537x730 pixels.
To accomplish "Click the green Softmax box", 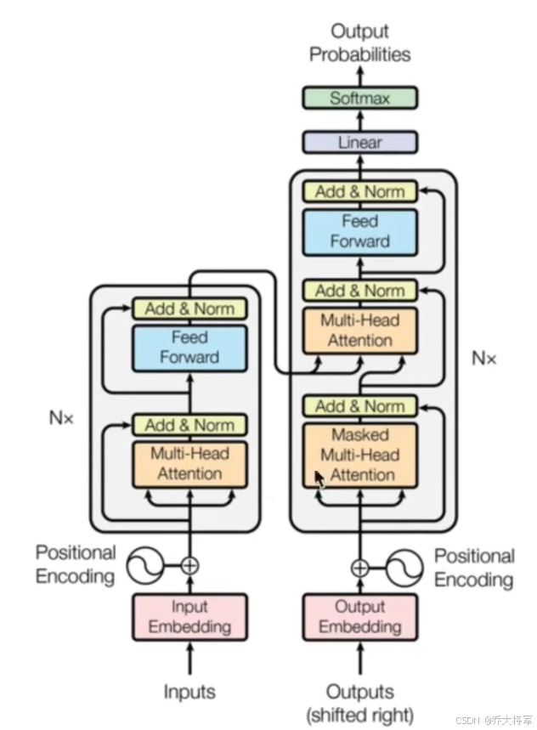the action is click(359, 98).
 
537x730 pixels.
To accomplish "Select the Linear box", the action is click(359, 142).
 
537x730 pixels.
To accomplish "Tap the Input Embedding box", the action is click(189, 617).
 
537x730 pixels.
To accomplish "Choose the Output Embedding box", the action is click(360, 617).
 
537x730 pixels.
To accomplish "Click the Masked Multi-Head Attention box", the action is click(360, 455).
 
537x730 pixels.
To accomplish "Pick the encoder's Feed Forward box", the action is click(189, 348).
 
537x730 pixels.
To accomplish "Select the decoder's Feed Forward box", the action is click(359, 232).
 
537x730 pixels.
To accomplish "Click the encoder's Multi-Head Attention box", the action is click(189, 464).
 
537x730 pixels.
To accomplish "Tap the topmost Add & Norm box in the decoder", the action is click(359, 191).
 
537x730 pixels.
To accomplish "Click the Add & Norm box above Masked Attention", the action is click(359, 406).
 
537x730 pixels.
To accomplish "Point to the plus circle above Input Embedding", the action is click(189, 566).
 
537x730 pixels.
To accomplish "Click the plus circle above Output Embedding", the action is click(359, 568).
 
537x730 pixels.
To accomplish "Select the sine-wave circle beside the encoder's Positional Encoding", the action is click(145, 566).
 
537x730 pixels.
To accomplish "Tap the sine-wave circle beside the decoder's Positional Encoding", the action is click(404, 568).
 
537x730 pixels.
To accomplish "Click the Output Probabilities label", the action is click(359, 42).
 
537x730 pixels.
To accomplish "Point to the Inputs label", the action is click(189, 692).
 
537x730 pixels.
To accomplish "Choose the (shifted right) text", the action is click(359, 715).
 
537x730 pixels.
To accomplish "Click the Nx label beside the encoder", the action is click(61, 417).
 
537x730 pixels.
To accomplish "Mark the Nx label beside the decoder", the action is click(484, 358).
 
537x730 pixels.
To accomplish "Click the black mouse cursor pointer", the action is click(319, 479).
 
